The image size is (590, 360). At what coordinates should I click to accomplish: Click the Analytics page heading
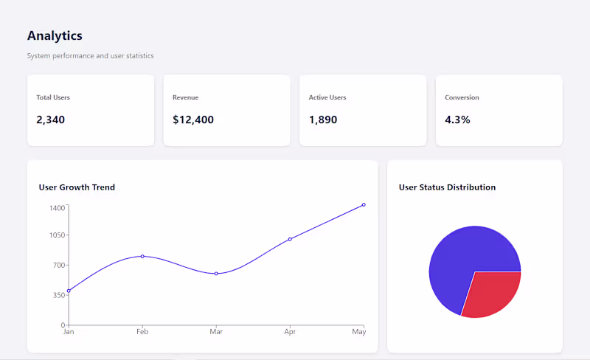point(55,35)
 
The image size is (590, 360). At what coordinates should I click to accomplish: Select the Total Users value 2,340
point(51,120)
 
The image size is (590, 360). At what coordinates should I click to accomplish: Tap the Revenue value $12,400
point(193,120)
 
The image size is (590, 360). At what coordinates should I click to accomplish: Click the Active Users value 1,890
point(323,120)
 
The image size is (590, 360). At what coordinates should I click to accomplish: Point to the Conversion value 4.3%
point(457,120)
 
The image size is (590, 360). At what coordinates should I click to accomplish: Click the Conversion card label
point(462,97)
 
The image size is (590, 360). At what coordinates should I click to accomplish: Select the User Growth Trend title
point(77,187)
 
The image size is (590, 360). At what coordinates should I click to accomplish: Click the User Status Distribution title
point(447,187)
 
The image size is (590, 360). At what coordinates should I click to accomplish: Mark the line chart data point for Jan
point(69,291)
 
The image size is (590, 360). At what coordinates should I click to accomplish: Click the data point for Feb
point(142,256)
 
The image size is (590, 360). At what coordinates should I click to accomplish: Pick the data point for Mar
point(216,274)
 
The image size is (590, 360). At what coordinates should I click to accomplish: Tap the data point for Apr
point(290,239)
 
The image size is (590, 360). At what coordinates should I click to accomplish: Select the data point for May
point(364,204)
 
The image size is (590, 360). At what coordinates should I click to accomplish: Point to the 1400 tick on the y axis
point(58,208)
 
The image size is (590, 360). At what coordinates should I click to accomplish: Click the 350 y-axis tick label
point(59,295)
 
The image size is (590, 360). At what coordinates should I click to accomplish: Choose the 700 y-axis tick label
point(59,265)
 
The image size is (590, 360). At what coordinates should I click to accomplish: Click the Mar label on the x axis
point(216,332)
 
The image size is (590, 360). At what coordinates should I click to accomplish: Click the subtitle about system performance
point(90,56)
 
